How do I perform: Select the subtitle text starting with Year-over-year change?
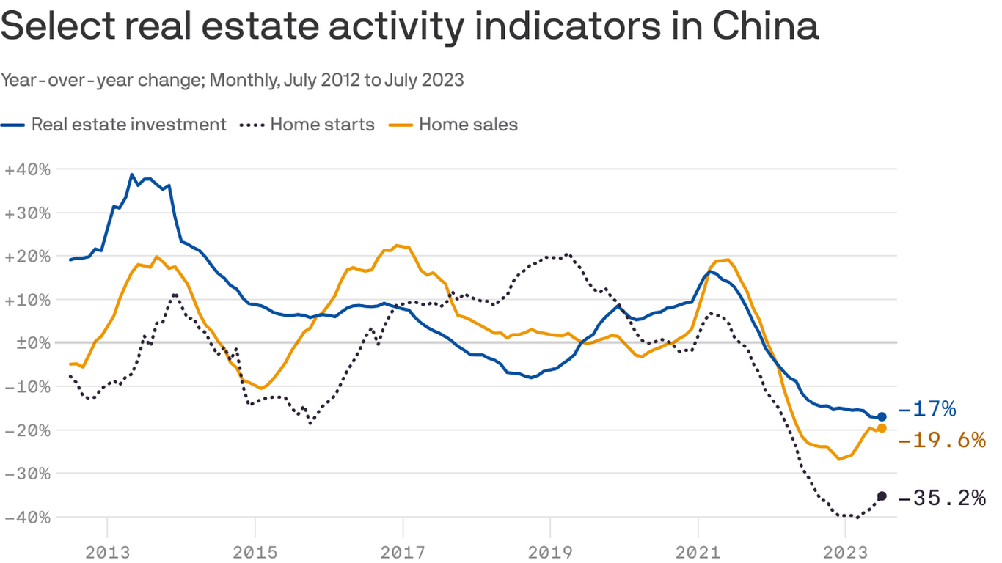pos(232,80)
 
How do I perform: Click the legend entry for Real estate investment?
pos(128,125)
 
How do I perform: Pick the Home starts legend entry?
pos(322,125)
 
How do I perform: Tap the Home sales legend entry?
pos(468,125)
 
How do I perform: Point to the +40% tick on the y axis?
pos(27,169)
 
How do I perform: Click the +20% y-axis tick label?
pos(27,256)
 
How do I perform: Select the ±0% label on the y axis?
pos(27,343)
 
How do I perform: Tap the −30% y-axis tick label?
pos(27,474)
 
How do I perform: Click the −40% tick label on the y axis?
pos(27,517)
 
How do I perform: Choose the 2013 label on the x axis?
pos(107,552)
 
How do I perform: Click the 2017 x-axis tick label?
pos(403,552)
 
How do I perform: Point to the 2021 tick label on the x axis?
pos(698,552)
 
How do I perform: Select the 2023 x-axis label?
pos(845,552)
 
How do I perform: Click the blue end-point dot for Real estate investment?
pos(882,416)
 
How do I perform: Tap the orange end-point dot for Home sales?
pos(882,428)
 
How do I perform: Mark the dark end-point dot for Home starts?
pos(882,496)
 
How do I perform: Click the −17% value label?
pos(926,409)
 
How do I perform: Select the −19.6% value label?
pos(941,440)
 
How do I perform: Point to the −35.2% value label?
pos(941,498)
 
